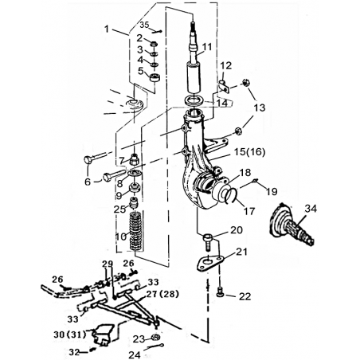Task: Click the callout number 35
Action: (x=145, y=25)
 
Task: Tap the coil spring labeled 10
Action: (x=136, y=230)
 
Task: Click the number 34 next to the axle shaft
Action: (x=311, y=209)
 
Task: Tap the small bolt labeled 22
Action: (x=221, y=292)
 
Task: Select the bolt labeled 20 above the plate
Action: (x=208, y=241)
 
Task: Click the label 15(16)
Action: (x=249, y=152)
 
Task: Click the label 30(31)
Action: (x=70, y=335)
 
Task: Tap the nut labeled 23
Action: (x=155, y=338)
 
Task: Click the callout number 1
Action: (x=107, y=29)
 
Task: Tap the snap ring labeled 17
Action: (x=230, y=195)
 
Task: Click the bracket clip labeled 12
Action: (x=225, y=86)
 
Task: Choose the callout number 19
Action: (x=272, y=191)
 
